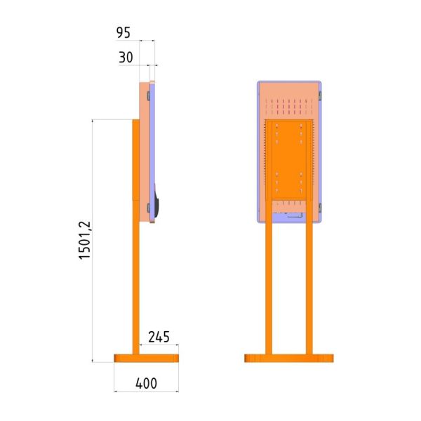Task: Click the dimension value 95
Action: tap(123, 33)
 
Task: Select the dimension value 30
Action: tap(126, 58)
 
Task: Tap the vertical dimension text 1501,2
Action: tap(85, 240)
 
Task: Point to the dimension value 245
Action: tap(159, 337)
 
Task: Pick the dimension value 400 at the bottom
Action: tap(146, 383)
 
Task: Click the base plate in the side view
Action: tap(147, 358)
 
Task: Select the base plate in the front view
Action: tap(289, 358)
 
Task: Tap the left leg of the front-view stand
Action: tap(269, 276)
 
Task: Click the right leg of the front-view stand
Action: tap(309, 276)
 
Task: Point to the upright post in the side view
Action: tap(136, 237)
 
